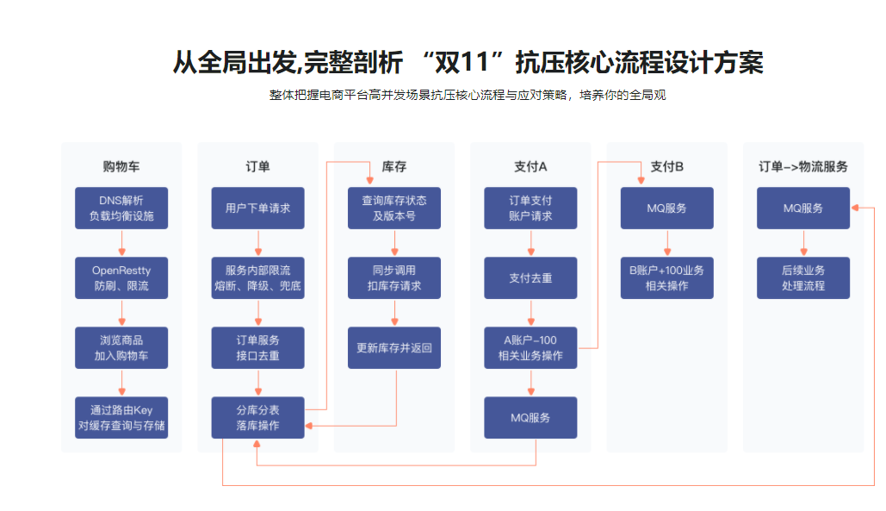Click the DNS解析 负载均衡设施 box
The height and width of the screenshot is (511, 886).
pyautogui.click(x=121, y=208)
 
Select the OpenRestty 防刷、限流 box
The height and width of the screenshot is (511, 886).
pyautogui.click(x=121, y=277)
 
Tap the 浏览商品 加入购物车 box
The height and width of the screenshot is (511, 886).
pyautogui.click(x=121, y=347)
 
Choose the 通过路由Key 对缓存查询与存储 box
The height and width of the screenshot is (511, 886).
pyautogui.click(x=121, y=417)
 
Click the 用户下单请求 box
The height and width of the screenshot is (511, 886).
pyautogui.click(x=257, y=208)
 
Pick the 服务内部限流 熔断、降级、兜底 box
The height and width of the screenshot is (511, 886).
pyautogui.click(x=257, y=277)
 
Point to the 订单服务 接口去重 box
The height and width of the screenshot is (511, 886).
pyautogui.click(x=257, y=347)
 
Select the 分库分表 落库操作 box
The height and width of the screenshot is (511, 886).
pyautogui.click(x=257, y=417)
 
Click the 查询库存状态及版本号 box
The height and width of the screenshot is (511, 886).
pyautogui.click(x=393, y=208)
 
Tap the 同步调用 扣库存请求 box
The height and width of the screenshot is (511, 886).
pyautogui.click(x=393, y=277)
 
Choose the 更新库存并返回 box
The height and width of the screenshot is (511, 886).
pyautogui.click(x=393, y=347)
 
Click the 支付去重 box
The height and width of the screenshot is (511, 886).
pyautogui.click(x=530, y=277)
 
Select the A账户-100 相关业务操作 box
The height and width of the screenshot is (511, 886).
pyautogui.click(x=530, y=347)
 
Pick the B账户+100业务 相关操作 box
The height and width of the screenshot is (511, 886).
pyautogui.click(x=666, y=277)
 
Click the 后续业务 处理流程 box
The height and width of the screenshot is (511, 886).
pyautogui.click(x=802, y=277)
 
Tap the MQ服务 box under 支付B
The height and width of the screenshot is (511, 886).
pyautogui.click(x=666, y=208)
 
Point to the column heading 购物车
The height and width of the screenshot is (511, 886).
pyautogui.click(x=121, y=166)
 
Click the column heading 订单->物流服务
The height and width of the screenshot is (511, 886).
pyautogui.click(x=802, y=166)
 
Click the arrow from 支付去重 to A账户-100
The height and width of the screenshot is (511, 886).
pyautogui.click(x=530, y=313)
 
